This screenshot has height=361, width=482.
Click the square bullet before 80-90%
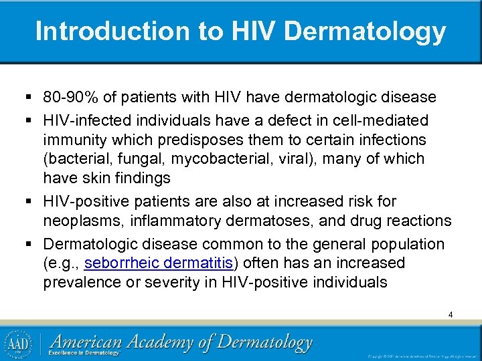pos(32,98)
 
